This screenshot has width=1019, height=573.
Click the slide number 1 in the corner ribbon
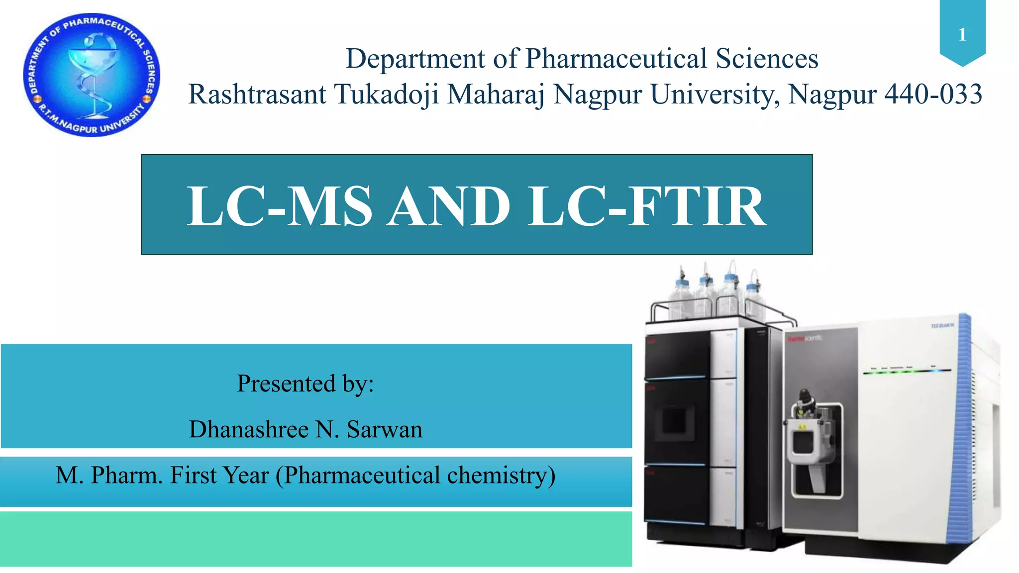pyautogui.click(x=962, y=34)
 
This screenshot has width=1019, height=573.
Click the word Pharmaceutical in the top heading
pyautogui.click(x=616, y=59)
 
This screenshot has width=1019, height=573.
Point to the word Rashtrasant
pyautogui.click(x=257, y=94)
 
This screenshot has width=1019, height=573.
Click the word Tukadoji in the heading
pyautogui.click(x=387, y=94)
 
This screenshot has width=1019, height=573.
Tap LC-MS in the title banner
pyautogui.click(x=279, y=206)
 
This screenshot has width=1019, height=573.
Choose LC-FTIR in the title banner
pyautogui.click(x=647, y=206)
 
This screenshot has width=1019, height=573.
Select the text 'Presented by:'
pyautogui.click(x=305, y=383)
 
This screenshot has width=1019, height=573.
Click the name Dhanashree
pyautogui.click(x=248, y=429)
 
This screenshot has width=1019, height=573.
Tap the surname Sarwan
pyautogui.click(x=384, y=429)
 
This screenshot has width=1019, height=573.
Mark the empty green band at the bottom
pyautogui.click(x=316, y=539)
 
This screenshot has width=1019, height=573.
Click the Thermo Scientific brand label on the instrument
pyautogui.click(x=805, y=338)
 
